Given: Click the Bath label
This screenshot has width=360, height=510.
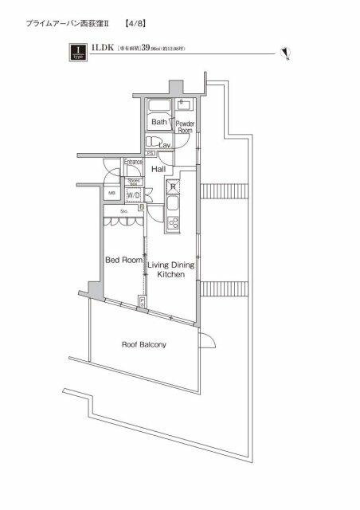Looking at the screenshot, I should point(159,122).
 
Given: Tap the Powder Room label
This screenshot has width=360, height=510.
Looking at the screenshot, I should point(186,126).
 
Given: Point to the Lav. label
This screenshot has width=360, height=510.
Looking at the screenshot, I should point(166,146).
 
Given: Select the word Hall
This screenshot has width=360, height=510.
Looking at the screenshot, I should point(158,169).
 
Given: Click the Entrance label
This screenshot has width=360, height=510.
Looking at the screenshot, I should point(133,163).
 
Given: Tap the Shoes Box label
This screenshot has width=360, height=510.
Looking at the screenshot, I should point(134,182).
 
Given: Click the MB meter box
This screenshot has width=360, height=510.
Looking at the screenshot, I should point(112,194).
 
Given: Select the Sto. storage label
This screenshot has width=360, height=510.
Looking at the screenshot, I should point(125,211).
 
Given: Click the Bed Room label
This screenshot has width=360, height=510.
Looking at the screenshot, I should point(123,261).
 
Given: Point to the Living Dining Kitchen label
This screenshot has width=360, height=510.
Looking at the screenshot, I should point(170,267).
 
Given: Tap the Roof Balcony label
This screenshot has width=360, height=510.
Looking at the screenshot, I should point(144,345).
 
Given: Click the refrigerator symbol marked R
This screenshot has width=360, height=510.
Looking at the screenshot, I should point(172,188).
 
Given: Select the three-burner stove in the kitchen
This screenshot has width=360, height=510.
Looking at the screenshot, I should point(172,222).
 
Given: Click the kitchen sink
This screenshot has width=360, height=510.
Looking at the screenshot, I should point(172,204).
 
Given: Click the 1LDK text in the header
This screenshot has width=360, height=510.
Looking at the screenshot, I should point(102,49).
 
